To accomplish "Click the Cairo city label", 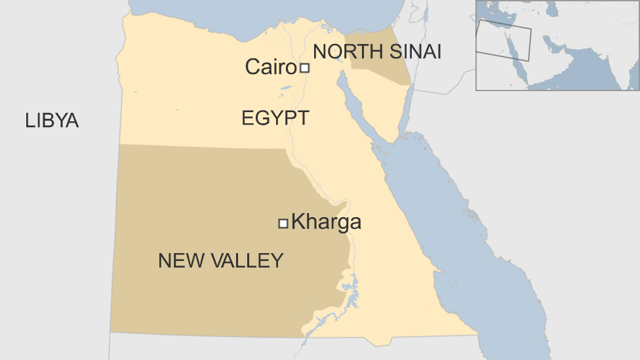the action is (x=271, y=66).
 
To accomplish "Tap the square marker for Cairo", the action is (x=304, y=68).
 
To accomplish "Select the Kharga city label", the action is (x=326, y=222).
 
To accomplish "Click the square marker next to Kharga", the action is (x=283, y=224).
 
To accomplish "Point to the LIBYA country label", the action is (x=52, y=121).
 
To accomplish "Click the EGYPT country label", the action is (x=275, y=119).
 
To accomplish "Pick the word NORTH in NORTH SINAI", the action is (x=347, y=51).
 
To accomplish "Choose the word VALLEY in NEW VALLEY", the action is (x=249, y=261).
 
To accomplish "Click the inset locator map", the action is (x=557, y=45).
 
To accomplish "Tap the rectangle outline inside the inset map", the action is (x=504, y=39).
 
